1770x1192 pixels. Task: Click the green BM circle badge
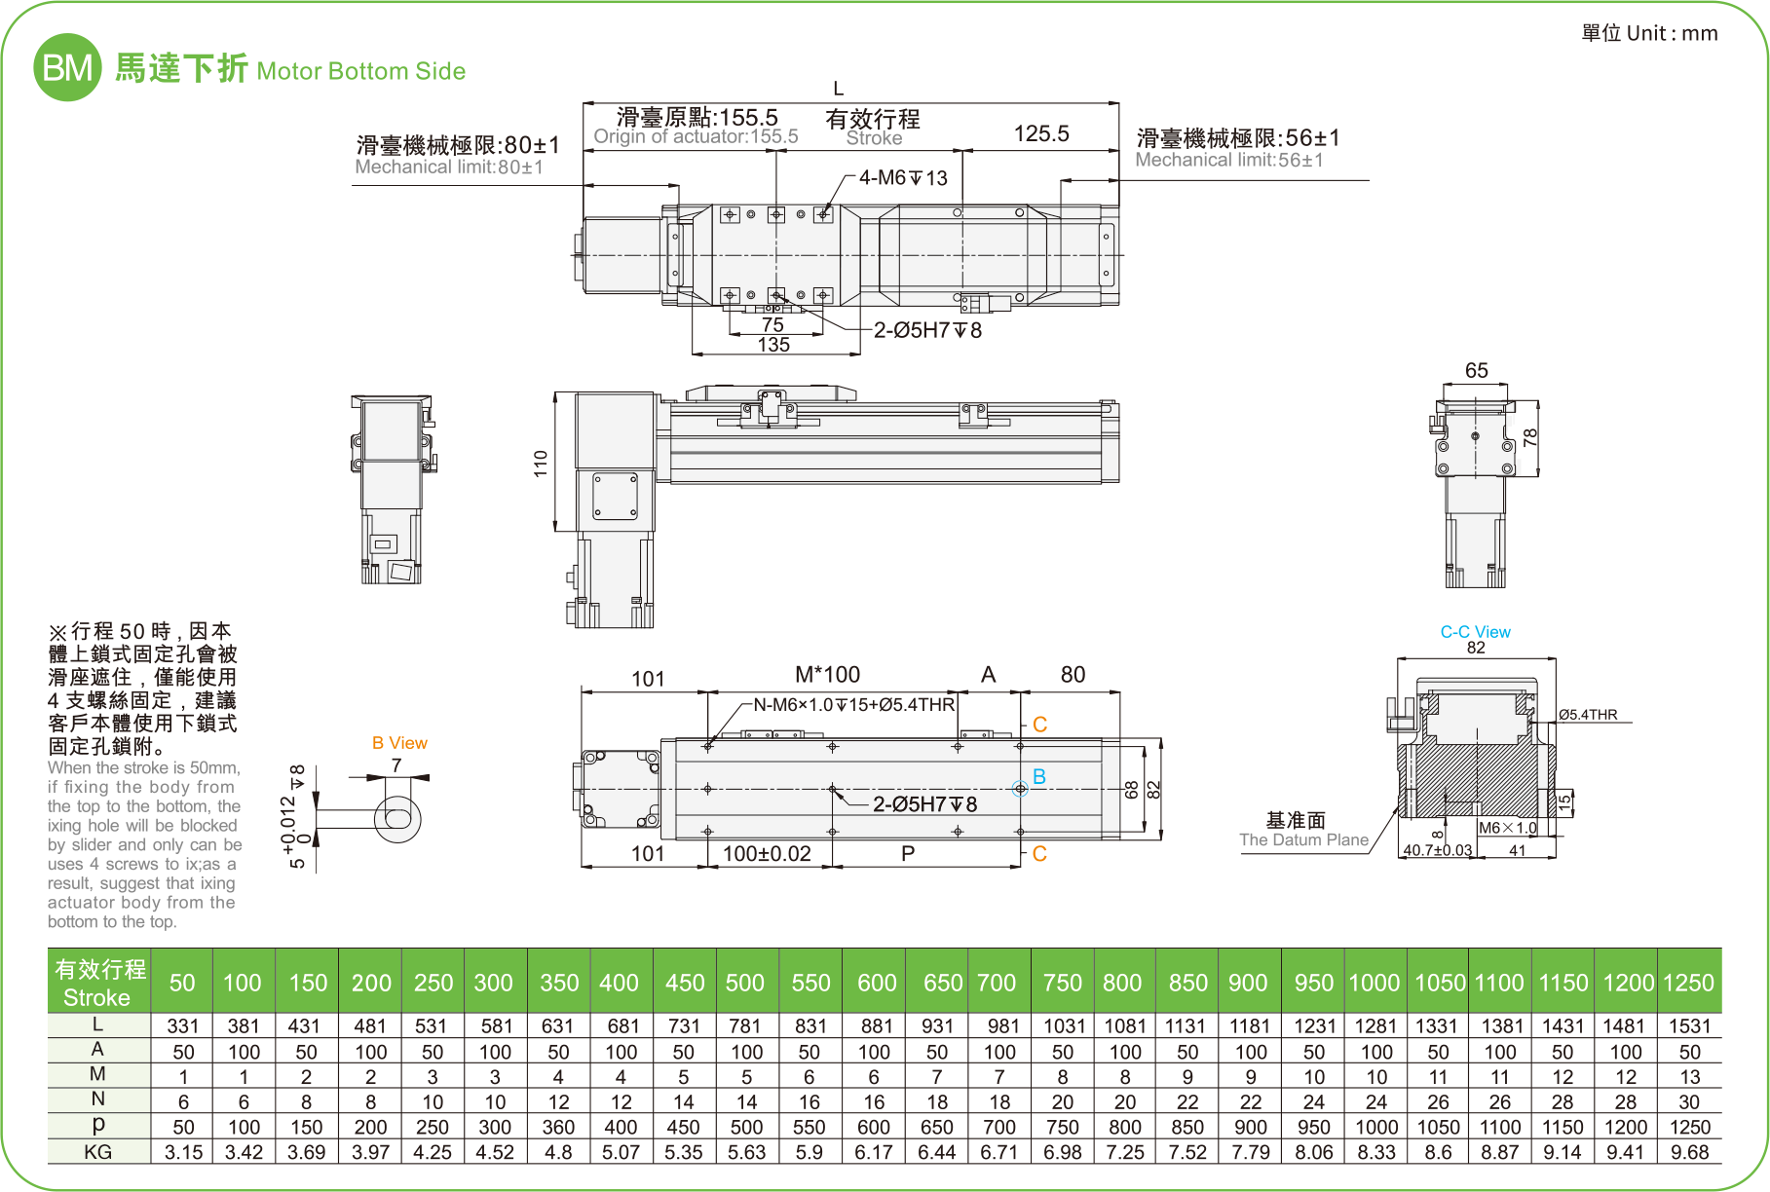click(67, 67)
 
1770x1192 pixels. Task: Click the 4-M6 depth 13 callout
click(903, 178)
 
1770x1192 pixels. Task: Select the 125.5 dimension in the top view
click(1040, 134)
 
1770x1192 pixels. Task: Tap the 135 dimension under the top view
click(773, 345)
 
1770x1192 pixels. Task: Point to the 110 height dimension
click(541, 463)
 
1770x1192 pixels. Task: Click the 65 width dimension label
click(1476, 370)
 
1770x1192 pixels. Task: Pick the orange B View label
click(399, 743)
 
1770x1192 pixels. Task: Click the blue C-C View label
click(1475, 632)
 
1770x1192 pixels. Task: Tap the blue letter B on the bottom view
click(1039, 776)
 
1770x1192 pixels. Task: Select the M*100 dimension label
click(827, 675)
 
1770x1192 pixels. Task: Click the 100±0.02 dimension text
click(767, 854)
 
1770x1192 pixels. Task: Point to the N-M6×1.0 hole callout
click(853, 704)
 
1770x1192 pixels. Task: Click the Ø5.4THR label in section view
click(1588, 715)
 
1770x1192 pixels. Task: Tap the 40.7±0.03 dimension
click(1437, 850)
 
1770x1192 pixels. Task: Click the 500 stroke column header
click(745, 983)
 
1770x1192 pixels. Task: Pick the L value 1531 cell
click(1689, 1025)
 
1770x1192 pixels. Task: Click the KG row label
click(98, 1152)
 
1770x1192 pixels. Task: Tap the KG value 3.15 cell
click(183, 1152)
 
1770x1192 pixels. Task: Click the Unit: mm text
click(1649, 33)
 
